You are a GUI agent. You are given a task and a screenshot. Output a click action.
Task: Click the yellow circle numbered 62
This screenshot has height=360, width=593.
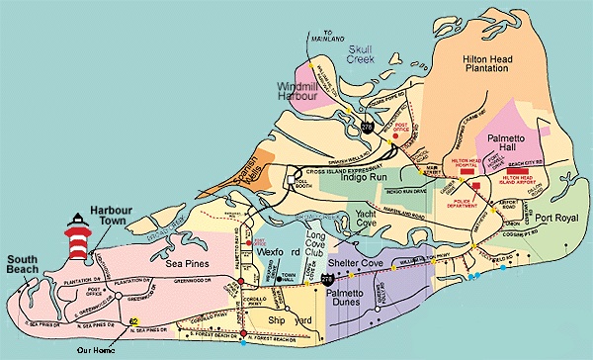click(133, 321)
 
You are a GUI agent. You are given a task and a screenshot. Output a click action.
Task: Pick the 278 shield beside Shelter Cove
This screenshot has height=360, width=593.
click(327, 283)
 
